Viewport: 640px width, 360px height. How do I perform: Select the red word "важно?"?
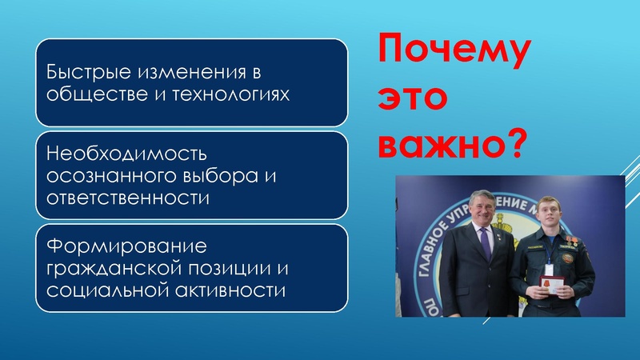444,143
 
